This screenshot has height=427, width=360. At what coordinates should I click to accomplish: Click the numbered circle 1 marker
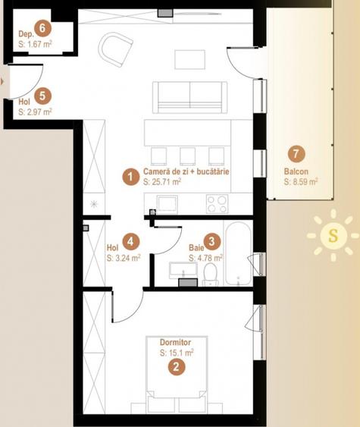131,177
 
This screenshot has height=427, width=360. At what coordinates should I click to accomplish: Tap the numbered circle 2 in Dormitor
176,367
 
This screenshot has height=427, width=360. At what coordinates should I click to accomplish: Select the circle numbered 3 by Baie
214,241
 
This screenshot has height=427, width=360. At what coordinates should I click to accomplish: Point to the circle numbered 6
42,30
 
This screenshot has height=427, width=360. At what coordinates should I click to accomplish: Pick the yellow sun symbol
331,236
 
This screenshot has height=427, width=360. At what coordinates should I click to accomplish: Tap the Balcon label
296,171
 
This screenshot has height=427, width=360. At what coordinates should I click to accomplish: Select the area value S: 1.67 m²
35,46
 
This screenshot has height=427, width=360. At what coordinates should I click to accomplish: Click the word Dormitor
176,343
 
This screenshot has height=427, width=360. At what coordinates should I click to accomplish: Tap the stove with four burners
218,203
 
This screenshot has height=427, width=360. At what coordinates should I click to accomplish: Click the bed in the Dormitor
176,379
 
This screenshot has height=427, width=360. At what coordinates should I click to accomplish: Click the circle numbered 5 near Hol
42,96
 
